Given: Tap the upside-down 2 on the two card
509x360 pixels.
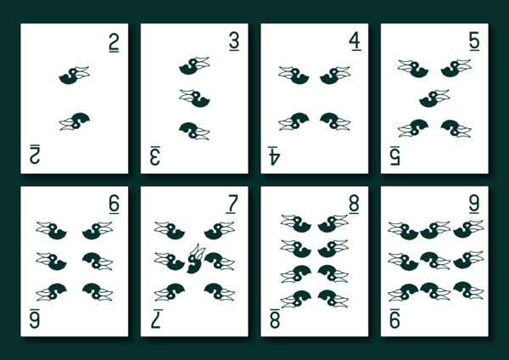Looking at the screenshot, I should coord(35,154).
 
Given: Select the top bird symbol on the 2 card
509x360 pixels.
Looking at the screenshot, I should coord(75,75).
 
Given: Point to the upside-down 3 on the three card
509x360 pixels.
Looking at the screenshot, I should coord(155,154).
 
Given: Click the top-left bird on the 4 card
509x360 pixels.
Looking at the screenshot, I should coord(294,75).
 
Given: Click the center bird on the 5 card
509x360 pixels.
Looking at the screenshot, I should coord(434,98).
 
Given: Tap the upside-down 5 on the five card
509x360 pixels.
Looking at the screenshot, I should coord(395,154).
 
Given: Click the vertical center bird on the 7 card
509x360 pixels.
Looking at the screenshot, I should coord(194,258).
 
